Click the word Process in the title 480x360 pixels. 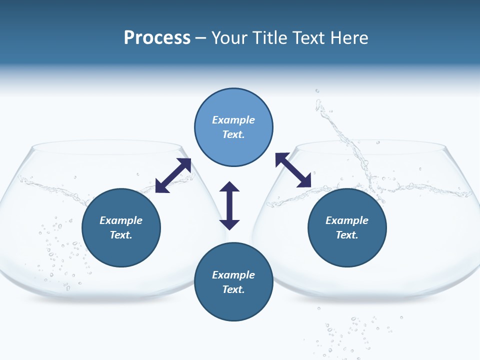[x=157, y=38]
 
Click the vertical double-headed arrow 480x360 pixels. [x=229, y=205]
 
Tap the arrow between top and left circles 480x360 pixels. [x=173, y=175]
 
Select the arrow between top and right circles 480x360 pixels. [x=293, y=170]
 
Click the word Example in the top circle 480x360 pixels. [x=233, y=120]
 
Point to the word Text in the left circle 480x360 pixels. [x=121, y=235]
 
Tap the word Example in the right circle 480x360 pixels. [x=347, y=220]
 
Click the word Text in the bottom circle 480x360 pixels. [x=233, y=289]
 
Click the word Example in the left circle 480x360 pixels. [x=121, y=220]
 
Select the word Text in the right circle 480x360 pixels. [x=347, y=235]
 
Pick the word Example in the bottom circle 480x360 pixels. [x=233, y=275]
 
